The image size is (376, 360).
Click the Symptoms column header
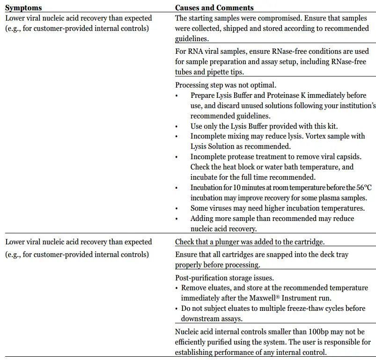tap(23, 8)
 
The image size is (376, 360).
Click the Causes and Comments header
tap(214, 8)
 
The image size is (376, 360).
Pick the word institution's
tap(356, 105)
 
